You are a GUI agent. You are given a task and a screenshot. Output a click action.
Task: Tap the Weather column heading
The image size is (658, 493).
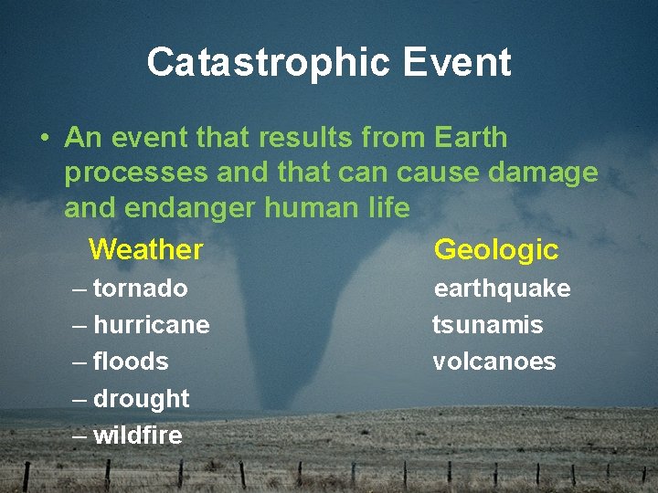click(146, 249)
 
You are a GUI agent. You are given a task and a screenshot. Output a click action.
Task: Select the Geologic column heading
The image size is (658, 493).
click(495, 249)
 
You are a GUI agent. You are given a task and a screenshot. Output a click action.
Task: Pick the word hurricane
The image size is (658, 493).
click(151, 326)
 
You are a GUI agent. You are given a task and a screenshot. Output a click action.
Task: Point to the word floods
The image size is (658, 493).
click(131, 362)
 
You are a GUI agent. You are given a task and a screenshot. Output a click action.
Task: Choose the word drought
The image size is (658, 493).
click(141, 400)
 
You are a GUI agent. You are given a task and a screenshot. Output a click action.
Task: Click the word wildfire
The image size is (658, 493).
click(137, 436)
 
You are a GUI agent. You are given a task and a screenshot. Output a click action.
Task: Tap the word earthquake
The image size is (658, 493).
click(502, 289)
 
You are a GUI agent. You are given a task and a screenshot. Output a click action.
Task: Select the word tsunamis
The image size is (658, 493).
click(487, 326)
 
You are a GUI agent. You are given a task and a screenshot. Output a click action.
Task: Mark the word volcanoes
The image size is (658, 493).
click(493, 362)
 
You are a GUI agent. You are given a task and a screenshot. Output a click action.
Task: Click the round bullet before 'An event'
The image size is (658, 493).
click(44, 140)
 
